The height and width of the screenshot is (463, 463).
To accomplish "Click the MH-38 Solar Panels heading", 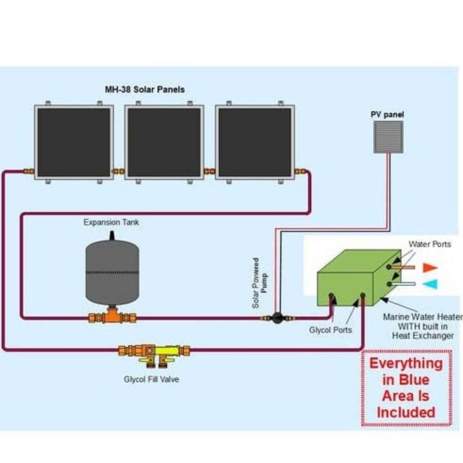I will tap(145, 90).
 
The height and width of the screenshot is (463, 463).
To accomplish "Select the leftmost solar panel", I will tap(74, 142).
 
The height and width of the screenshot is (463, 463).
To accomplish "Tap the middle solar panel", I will tap(164, 142).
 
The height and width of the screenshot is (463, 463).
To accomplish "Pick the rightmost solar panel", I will tap(255, 142).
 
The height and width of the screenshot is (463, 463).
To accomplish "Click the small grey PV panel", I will tap(388, 137).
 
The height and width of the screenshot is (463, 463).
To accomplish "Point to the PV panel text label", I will tap(387, 115).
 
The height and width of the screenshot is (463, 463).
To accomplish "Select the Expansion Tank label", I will tap(111, 222).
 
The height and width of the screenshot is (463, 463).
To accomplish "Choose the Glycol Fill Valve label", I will tap(151, 379).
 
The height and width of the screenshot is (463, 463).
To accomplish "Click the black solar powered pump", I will tap(277, 318).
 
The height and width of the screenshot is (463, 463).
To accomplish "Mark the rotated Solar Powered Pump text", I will tap(260, 283).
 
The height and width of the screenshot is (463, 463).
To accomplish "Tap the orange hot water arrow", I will tap(430, 268).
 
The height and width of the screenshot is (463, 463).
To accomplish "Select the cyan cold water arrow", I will tap(430, 284).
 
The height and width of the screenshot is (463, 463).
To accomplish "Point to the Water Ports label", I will tap(429, 244).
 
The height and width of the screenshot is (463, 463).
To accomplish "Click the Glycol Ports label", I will tap(330, 330).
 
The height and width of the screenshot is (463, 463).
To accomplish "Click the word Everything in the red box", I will tap(406, 363).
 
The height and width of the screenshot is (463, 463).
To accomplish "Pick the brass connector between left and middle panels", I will tap(119, 171).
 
